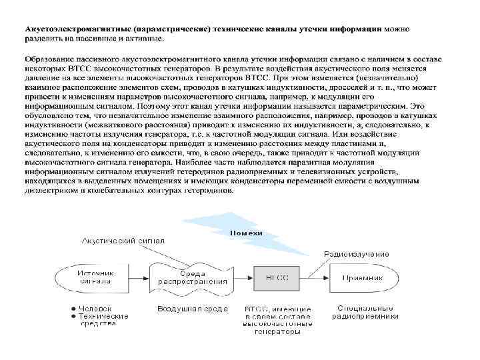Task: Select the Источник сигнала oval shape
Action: point(93,277)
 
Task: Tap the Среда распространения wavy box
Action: point(192,277)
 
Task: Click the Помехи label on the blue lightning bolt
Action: point(247,233)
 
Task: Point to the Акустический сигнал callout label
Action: point(123,240)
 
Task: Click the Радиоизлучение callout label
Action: point(357,254)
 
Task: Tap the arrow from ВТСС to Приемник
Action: point(313,277)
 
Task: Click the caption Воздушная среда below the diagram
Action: point(192,309)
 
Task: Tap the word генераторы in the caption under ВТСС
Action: point(277,331)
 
